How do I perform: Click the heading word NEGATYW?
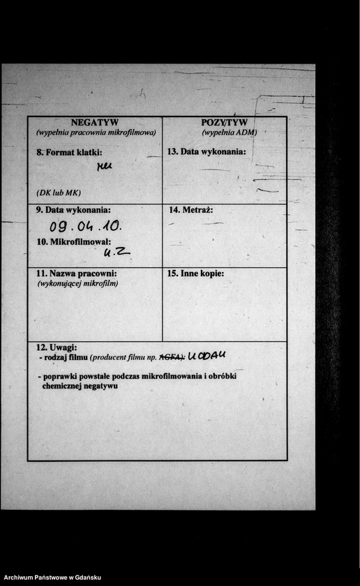point(95,122)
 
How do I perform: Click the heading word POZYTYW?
point(224,123)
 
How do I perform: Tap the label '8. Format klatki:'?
point(69,151)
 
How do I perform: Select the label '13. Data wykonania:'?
point(207,151)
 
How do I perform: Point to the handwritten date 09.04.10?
point(85,226)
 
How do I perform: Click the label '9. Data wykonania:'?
point(73,209)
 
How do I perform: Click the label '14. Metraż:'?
point(190,209)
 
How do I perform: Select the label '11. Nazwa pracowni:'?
point(75,273)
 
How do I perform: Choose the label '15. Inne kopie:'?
point(195,273)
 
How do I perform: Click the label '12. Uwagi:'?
point(57,347)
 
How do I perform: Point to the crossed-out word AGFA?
point(171,357)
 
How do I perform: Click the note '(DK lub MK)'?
point(59,193)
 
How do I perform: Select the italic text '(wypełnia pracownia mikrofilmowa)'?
point(96,132)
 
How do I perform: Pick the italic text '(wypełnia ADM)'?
point(230,132)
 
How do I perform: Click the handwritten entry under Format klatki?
point(104,166)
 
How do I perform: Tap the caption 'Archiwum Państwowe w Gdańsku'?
point(52,578)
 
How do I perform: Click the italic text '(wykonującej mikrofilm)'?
point(77,283)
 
